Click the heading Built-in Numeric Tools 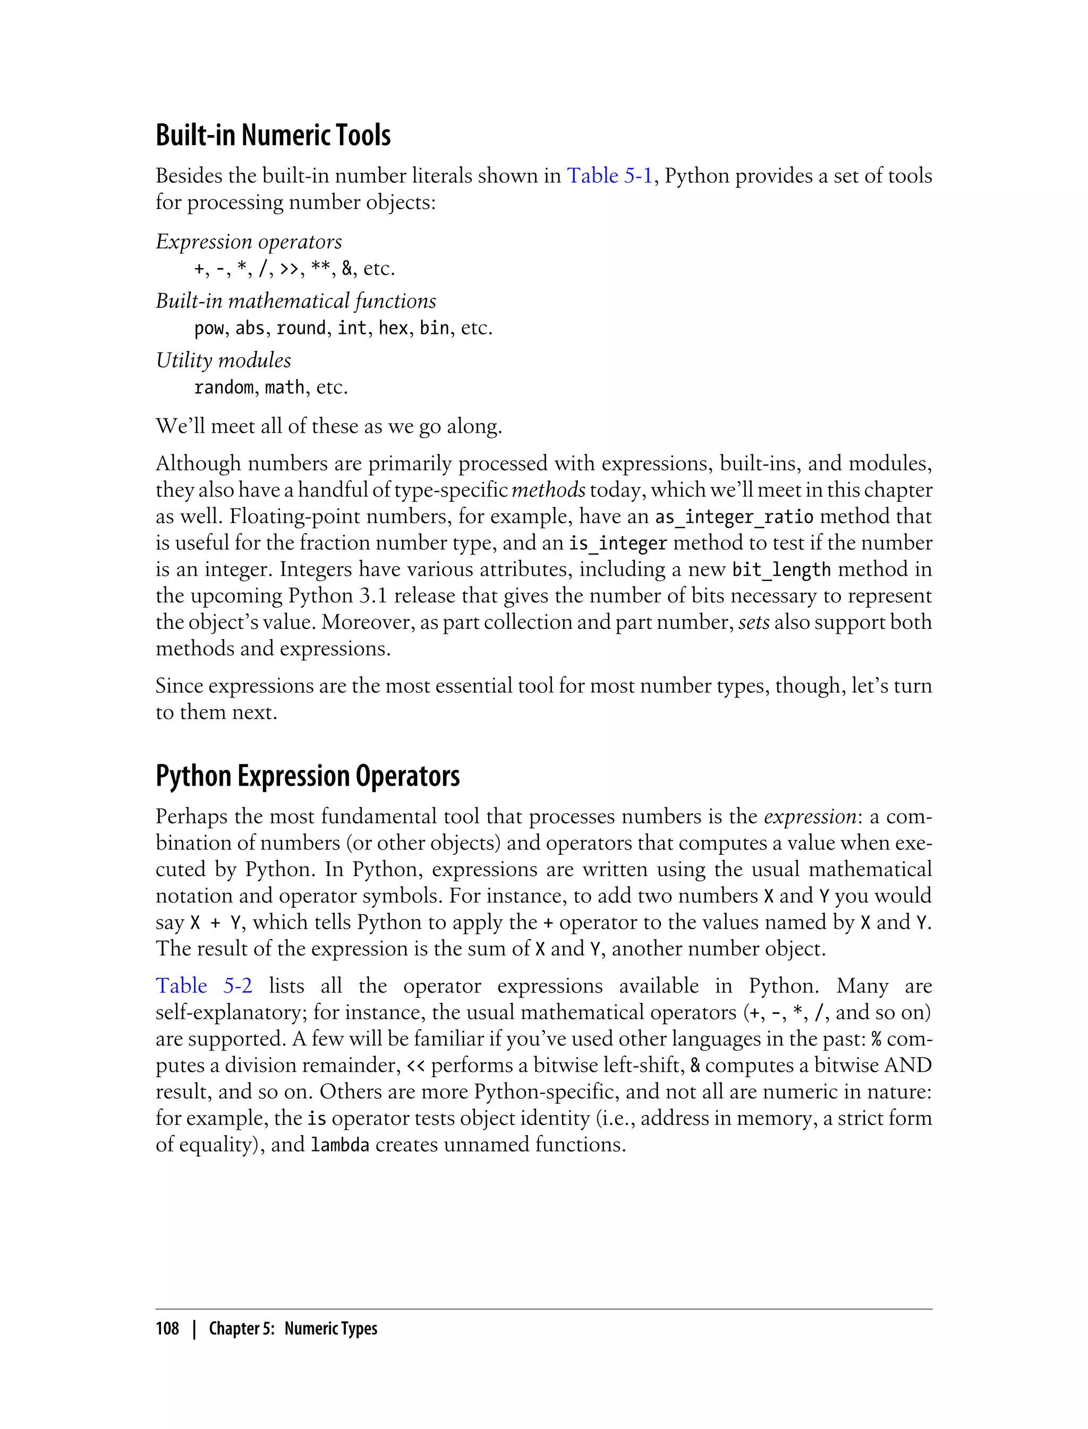point(273,136)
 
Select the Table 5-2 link point(203,986)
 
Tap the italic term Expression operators point(249,242)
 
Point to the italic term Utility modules point(224,360)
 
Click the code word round point(301,328)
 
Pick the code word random point(224,388)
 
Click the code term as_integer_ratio point(734,517)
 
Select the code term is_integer point(618,543)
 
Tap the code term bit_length point(781,570)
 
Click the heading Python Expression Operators point(308,776)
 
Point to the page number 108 point(167,1329)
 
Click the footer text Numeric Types point(330,1329)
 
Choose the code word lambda point(339,1145)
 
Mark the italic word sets point(754,622)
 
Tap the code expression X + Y point(215,922)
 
